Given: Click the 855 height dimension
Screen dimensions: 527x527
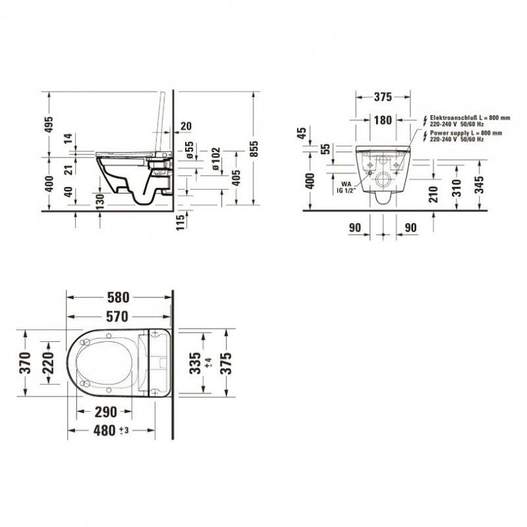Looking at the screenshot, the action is tap(254, 148).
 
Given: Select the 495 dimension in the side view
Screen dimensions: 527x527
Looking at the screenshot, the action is tap(49, 125).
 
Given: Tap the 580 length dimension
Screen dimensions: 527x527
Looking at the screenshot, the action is tap(118, 298).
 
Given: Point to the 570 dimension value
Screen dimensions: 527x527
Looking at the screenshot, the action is tap(117, 316).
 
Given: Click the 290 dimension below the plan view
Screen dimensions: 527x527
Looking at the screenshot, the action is tap(106, 412).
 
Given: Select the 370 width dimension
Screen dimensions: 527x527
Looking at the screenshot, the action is tap(26, 363).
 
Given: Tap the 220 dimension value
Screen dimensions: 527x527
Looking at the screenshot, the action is tap(48, 363).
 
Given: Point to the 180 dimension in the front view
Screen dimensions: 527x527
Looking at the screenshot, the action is tap(383, 120).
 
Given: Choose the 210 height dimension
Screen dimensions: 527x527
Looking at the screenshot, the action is tap(433, 194).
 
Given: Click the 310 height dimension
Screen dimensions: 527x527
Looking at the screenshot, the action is tap(457, 188).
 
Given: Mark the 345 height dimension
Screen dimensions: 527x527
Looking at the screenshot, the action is tap(481, 184).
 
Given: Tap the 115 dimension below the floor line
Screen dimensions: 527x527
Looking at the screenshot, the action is tap(180, 222).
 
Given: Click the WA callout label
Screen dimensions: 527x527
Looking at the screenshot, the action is tap(347, 184).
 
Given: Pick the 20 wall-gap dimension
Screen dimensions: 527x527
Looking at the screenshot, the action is tap(186, 126).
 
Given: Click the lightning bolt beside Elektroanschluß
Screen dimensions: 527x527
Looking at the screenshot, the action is tap(425, 121).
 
